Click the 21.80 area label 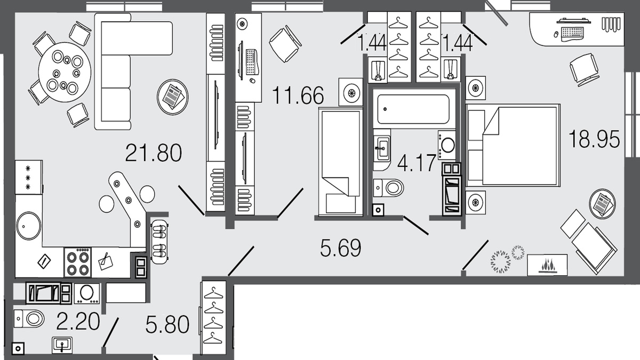point(154,153)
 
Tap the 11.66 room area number point(298,95)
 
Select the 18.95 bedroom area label point(594,139)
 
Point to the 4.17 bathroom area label point(417,163)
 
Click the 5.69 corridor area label point(341,247)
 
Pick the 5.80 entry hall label point(167,324)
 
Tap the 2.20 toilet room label point(78,321)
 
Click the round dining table point(65,72)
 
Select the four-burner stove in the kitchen point(78,262)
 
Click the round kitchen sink point(29,226)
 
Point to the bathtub point(413,109)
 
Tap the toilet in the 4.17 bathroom point(388,188)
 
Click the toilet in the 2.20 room point(29,318)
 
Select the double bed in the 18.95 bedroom point(513,146)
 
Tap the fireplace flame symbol point(547,265)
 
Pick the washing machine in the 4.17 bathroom point(447,145)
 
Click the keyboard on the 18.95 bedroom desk point(572,34)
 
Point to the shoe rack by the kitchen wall point(159,242)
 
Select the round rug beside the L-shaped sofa point(173,97)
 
